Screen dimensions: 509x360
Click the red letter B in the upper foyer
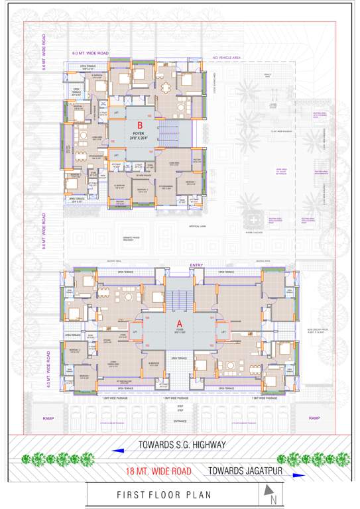140,125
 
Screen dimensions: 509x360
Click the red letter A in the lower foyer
179,324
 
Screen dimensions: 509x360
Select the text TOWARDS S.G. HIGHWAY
182,445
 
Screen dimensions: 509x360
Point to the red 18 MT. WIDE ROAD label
158,471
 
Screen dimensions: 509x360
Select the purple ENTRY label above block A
197,265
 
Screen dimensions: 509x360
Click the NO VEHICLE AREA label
224,58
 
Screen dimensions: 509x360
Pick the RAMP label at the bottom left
48,418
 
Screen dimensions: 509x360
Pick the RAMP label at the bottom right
314,418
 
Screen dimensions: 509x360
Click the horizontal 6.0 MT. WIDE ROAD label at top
91,53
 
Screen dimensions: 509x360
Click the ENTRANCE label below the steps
180,421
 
